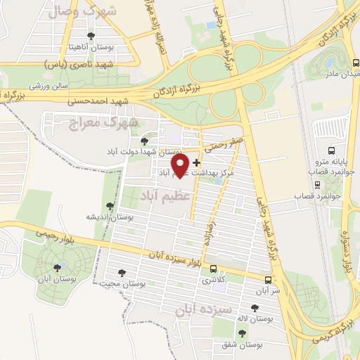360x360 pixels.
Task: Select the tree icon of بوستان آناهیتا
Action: click(90, 35)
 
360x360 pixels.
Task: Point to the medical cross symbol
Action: click(195, 162)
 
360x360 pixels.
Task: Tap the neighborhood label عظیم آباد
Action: click(165, 193)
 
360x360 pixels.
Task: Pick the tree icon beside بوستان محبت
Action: click(122, 273)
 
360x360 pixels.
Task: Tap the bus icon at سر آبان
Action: click(266, 279)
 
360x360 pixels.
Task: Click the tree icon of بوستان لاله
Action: click(254, 308)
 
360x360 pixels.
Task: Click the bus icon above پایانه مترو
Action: click(333, 150)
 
